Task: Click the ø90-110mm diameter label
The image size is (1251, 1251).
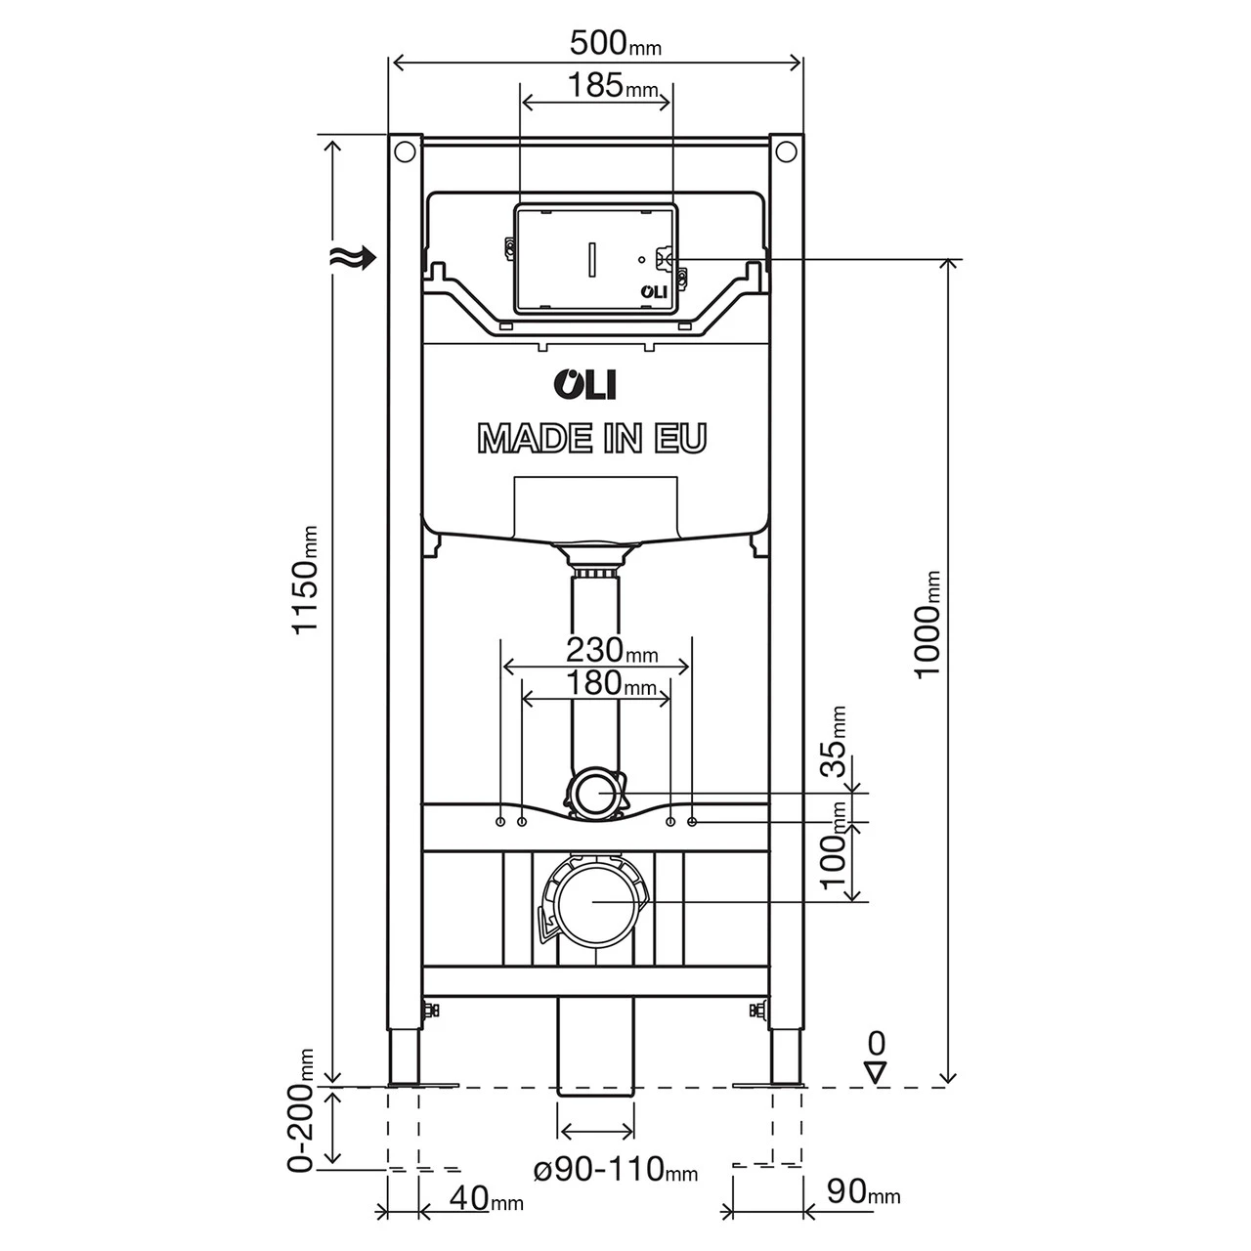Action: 615,1168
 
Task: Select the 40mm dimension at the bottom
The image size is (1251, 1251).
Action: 489,1196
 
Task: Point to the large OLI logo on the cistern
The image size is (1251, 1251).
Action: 585,384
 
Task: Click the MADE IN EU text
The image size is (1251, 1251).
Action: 591,439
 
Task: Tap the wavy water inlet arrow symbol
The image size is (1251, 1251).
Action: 352,258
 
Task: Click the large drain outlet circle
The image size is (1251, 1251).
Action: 595,900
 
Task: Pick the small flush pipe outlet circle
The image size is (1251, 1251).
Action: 595,792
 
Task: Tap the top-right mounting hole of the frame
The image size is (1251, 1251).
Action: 785,152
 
